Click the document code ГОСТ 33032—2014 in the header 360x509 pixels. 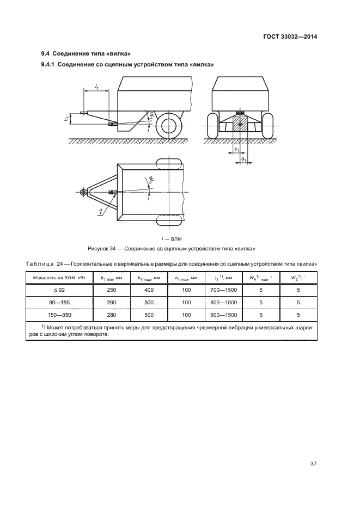[x=289, y=36]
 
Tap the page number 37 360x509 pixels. [x=313, y=464]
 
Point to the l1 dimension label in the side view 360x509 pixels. [x=96, y=87]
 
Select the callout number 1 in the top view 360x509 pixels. [x=101, y=211]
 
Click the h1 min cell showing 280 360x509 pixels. [x=114, y=315]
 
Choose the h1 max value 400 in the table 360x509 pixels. [x=149, y=290]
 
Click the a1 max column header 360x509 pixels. [x=186, y=278]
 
